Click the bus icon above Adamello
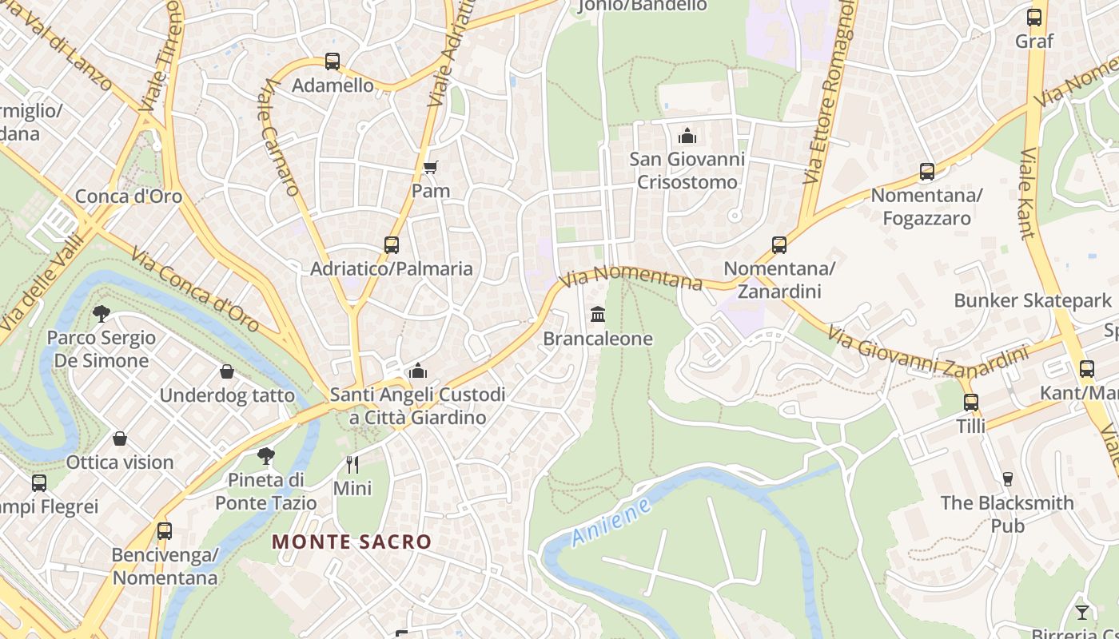click(x=332, y=61)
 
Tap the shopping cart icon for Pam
click(x=431, y=167)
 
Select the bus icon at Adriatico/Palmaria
click(x=391, y=244)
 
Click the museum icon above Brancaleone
click(x=598, y=315)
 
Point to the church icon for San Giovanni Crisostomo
click(x=687, y=136)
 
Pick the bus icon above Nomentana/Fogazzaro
click(x=926, y=171)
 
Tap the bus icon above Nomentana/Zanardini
click(x=779, y=244)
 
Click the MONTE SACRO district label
click(x=352, y=542)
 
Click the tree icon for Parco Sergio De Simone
click(x=101, y=313)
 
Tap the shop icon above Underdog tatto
click(x=227, y=371)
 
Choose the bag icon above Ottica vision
click(x=120, y=439)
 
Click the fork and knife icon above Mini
click(x=352, y=463)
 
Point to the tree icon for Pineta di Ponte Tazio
click(x=266, y=456)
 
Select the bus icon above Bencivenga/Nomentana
click(x=165, y=530)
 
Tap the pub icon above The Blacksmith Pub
click(x=1007, y=478)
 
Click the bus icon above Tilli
click(x=971, y=402)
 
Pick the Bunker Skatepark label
click(x=1033, y=300)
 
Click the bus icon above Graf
click(x=1034, y=17)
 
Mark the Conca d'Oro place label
click(x=129, y=196)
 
